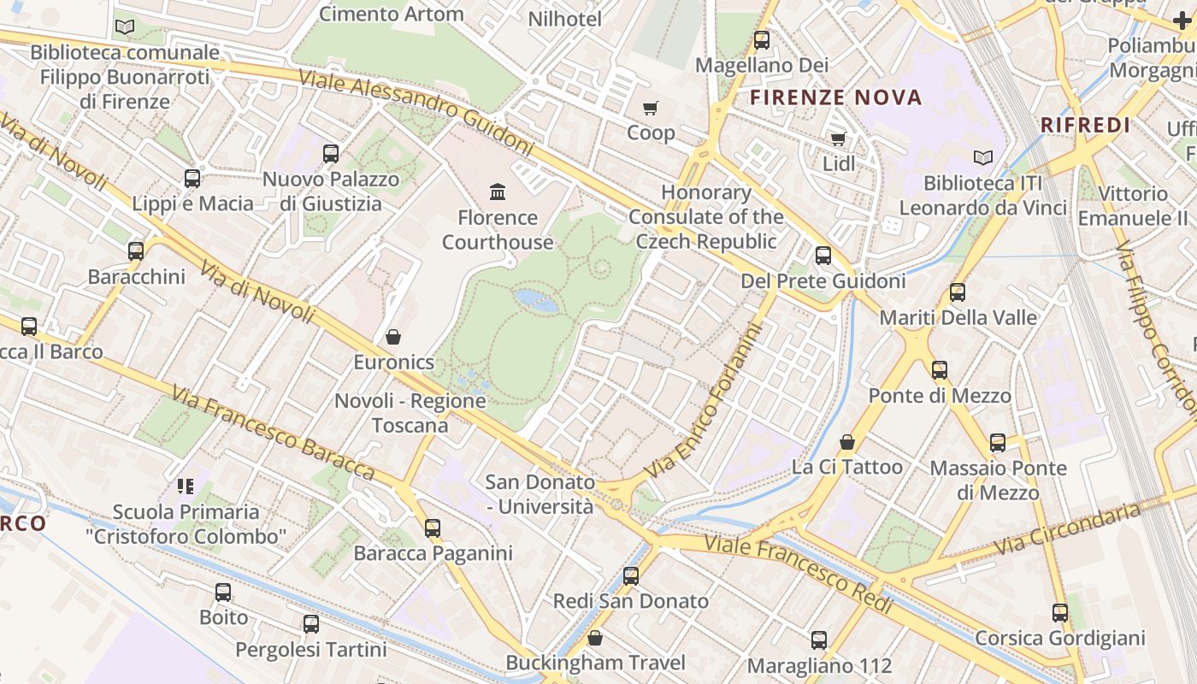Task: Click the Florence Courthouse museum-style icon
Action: [497, 192]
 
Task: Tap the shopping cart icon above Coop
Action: [651, 108]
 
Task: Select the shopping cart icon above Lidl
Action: [838, 139]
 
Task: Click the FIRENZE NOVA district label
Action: [835, 97]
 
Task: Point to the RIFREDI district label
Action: [1085, 125]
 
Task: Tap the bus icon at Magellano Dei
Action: [761, 39]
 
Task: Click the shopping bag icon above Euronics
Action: [393, 337]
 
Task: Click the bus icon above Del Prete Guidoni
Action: [823, 255]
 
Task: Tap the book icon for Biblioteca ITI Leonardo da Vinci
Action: [983, 157]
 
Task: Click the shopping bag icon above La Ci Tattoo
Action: [846, 441]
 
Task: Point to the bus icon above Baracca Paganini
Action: [433, 528]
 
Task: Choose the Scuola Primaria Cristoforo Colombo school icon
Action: [185, 486]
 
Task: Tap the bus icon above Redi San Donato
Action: [631, 575]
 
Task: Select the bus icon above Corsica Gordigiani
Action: [1060, 612]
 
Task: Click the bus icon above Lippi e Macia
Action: [192, 178]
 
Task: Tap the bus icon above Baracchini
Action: [136, 251]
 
